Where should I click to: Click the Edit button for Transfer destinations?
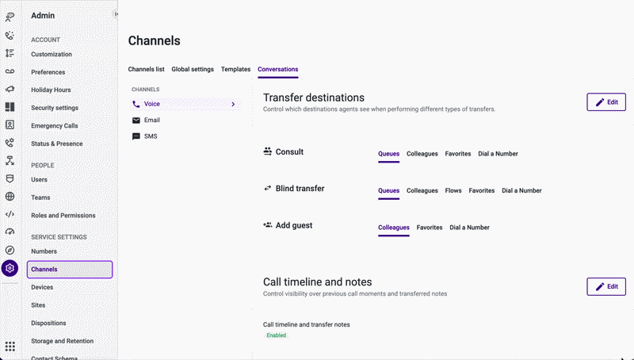[x=606, y=102]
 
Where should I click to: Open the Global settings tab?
[x=193, y=69]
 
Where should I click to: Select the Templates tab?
[x=235, y=69]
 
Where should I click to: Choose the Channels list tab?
[x=146, y=69]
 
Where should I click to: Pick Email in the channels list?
[x=151, y=121]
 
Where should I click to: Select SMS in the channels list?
[x=151, y=136]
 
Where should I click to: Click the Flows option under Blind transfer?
[x=453, y=190]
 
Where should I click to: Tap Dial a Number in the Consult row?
[x=498, y=154]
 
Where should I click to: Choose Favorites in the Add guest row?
[x=430, y=228]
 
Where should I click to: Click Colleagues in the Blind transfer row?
[x=422, y=190]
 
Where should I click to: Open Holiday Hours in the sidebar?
[x=51, y=90]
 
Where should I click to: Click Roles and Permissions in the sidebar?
[x=63, y=216]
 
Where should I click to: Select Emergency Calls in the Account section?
[x=55, y=126]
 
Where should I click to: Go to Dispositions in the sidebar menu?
[x=48, y=324]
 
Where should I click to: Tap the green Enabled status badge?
[x=276, y=335]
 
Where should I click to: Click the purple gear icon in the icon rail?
[x=10, y=268]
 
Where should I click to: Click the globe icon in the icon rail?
[x=10, y=197]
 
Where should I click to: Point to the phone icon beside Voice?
[x=136, y=104]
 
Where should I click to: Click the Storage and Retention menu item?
[x=63, y=341]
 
